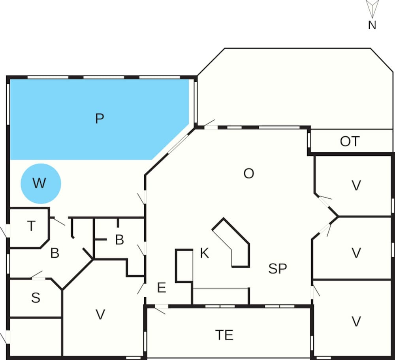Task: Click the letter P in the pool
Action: coord(100,119)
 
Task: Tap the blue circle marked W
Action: coord(40,183)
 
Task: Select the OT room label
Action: coord(350,141)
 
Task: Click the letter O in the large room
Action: coord(248,173)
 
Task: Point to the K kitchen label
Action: coord(204,253)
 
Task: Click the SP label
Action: coord(277,269)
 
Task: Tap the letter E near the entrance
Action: coord(161,288)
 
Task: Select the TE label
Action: coord(224,335)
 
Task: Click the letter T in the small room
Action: coord(31,226)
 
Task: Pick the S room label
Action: coord(36,298)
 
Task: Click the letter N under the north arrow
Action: coord(372,25)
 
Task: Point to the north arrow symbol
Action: coord(372,8)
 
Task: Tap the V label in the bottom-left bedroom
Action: coord(101,315)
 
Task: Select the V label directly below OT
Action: coord(356,185)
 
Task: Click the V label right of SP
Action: coord(356,253)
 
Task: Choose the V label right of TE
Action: coord(356,322)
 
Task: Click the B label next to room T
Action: coord(55,253)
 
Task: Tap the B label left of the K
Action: coord(119,240)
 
